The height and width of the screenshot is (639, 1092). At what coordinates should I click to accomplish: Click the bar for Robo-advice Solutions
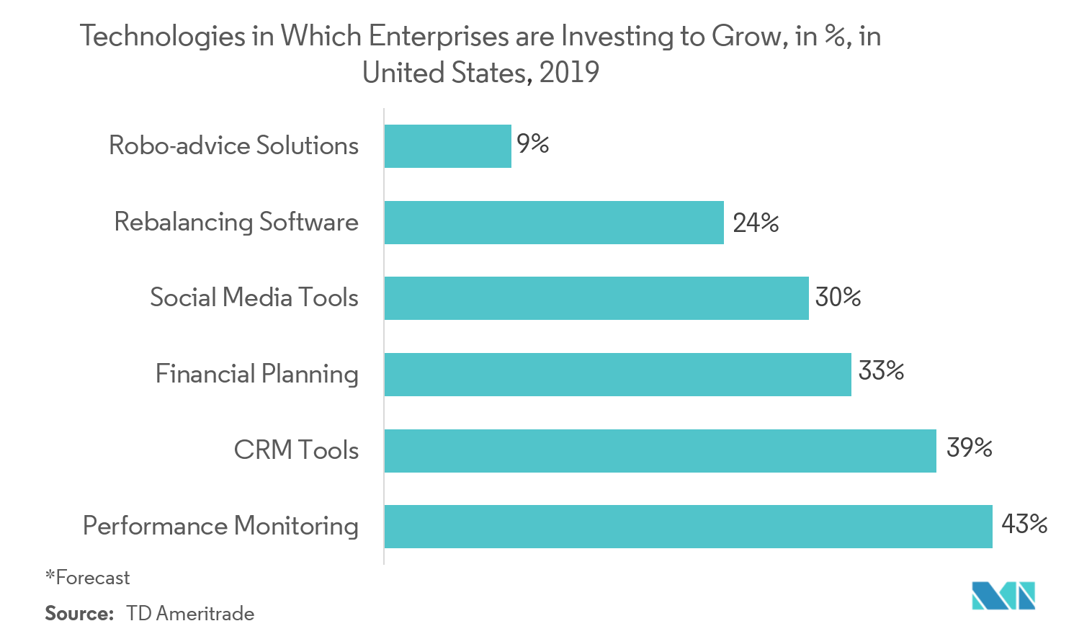coord(447,146)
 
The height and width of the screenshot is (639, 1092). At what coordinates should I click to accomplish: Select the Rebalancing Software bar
coord(553,223)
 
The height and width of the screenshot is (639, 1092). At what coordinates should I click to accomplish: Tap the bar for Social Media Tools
coord(596,298)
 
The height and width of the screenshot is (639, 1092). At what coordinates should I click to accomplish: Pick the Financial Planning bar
coord(617,375)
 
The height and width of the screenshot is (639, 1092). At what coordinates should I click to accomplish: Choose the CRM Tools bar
coord(660,451)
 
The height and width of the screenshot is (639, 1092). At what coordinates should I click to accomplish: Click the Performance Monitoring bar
coord(688,527)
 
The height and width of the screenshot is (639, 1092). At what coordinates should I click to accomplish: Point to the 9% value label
coord(533,144)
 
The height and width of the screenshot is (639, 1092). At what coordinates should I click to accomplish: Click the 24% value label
coord(756,223)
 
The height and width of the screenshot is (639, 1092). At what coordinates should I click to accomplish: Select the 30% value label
coord(838,297)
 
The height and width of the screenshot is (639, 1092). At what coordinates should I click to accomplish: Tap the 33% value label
coord(881,371)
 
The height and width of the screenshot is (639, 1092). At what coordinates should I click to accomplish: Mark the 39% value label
coord(969,447)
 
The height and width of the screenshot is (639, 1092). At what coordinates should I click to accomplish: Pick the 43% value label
coord(1024,524)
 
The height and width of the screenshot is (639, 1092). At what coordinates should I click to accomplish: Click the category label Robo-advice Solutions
coord(233,146)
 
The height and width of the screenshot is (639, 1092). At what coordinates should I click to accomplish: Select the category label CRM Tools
coord(296,450)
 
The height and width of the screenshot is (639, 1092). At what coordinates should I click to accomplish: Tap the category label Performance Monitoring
coord(220,526)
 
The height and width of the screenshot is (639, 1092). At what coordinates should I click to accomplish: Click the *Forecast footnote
coord(87,578)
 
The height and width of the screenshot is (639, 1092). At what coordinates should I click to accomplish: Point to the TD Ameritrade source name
coord(190,614)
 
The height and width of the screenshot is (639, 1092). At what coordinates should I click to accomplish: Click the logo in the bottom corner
coord(1003,595)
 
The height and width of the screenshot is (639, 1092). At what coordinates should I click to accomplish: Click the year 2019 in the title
coord(569,72)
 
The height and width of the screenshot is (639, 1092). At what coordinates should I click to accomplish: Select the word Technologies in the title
coord(162,36)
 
